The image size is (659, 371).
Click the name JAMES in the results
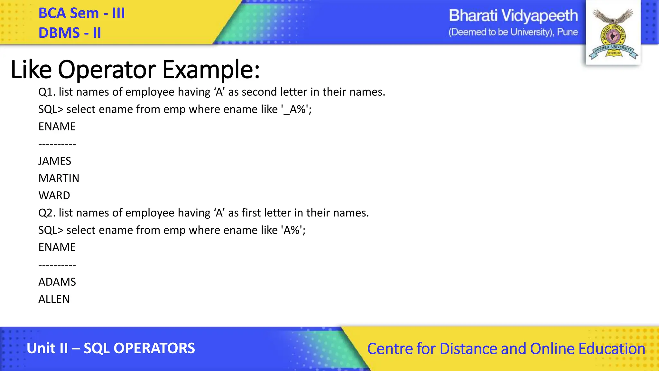(55, 161)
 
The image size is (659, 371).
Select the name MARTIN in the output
(59, 178)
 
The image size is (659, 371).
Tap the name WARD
(54, 195)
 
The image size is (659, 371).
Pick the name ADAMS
(57, 282)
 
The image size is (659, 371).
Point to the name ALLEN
(54, 299)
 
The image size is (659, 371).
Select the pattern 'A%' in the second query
(292, 230)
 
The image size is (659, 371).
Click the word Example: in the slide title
(211, 70)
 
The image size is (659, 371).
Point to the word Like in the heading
(31, 70)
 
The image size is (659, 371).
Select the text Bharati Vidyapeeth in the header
(513, 16)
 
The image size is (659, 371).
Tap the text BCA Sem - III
(81, 14)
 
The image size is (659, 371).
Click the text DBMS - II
(70, 33)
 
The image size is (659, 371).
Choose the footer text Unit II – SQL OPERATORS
(111, 348)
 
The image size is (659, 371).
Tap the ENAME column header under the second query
(57, 247)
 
